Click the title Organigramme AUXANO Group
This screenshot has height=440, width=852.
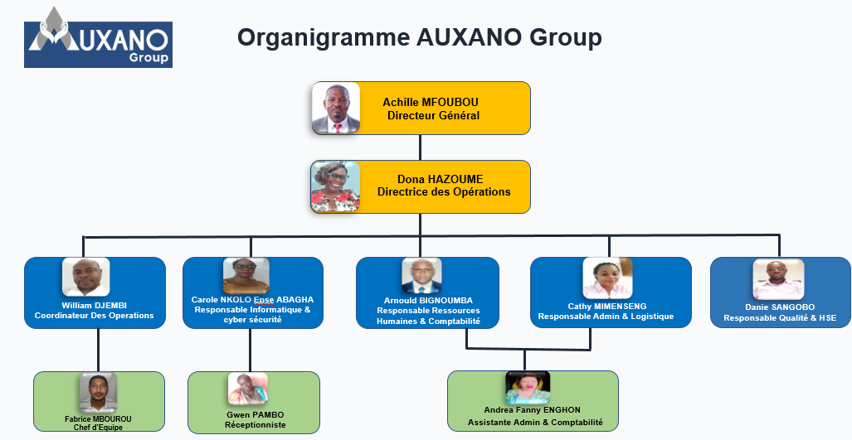(419, 37)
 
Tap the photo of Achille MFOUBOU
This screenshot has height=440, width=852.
(336, 108)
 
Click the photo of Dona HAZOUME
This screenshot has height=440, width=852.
(335, 186)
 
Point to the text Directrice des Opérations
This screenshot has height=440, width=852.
(444, 192)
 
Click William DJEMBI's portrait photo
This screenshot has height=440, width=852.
(86, 278)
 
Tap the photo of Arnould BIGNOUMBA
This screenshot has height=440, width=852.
(422, 277)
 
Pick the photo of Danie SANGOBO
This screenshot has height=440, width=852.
(778, 280)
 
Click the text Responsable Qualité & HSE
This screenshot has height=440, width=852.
(780, 318)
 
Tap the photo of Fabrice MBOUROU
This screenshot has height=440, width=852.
(98, 392)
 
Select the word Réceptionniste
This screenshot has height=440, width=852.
(256, 424)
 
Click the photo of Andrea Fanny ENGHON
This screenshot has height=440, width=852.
(528, 388)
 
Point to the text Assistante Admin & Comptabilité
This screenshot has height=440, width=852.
(535, 423)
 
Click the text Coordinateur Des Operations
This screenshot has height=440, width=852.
(94, 316)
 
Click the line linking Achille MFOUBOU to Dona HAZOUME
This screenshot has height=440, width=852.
(421, 147)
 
